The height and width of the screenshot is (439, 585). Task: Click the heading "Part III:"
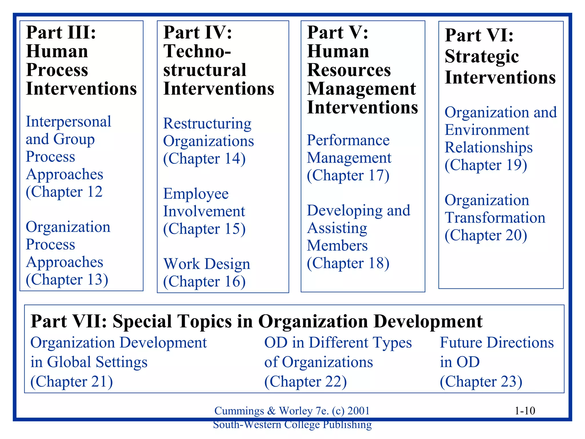click(x=61, y=32)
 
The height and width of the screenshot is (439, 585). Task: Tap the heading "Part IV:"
click(x=198, y=32)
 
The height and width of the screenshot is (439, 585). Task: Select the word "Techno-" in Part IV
click(x=197, y=51)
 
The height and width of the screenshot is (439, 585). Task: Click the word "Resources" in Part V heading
click(x=349, y=70)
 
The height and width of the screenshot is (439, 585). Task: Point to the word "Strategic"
click(x=482, y=56)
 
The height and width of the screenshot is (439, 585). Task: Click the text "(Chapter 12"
click(x=64, y=192)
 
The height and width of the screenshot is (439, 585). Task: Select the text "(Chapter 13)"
click(x=67, y=280)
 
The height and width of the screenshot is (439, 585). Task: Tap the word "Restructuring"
click(x=207, y=123)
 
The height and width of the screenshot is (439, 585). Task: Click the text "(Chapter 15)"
click(x=204, y=229)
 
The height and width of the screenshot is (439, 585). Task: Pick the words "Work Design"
click(x=207, y=264)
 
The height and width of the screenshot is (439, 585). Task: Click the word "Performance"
click(x=348, y=140)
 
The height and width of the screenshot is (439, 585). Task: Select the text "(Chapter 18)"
click(x=348, y=263)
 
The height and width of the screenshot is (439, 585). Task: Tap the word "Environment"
click(x=487, y=130)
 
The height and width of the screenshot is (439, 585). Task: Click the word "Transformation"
click(x=495, y=218)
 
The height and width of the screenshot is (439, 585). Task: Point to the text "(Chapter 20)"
click(x=486, y=236)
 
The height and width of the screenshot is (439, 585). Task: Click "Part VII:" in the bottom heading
click(x=69, y=321)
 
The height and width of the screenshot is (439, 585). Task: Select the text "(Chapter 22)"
click(x=305, y=382)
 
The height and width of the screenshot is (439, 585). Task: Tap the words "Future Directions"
click(x=496, y=343)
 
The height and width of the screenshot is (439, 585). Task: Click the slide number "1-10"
click(x=525, y=411)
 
